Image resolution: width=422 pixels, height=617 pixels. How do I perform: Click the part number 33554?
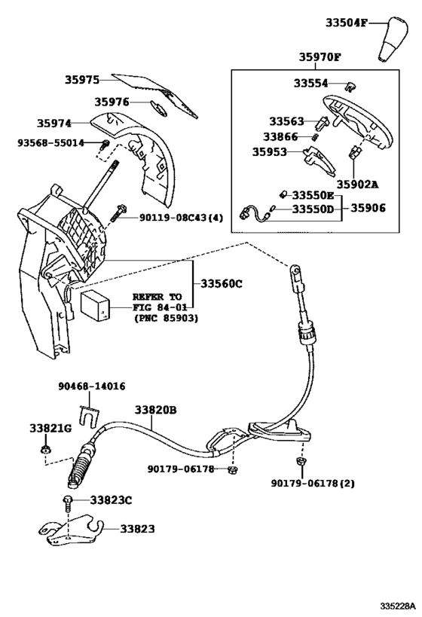[x=310, y=84]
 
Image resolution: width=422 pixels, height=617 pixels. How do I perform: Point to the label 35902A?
[x=358, y=183]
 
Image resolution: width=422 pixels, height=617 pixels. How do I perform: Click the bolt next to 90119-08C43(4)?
[x=118, y=216]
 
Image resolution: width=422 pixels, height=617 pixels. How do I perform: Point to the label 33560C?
[x=222, y=283]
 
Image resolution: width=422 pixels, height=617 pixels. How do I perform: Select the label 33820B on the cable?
[x=155, y=410]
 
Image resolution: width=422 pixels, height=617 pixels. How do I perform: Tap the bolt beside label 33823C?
[x=69, y=501]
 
